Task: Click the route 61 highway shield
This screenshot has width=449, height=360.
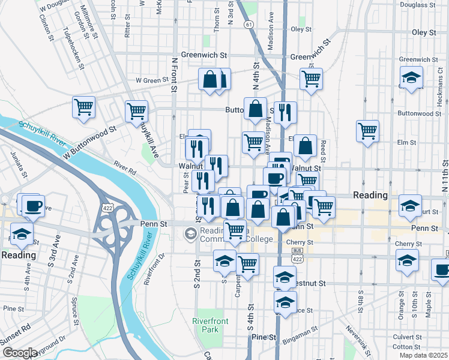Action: click(x=248, y=24)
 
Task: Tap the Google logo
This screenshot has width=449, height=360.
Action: click(x=20, y=353)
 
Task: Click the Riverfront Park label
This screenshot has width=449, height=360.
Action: click(x=206, y=325)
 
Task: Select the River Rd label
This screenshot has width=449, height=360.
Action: click(x=126, y=167)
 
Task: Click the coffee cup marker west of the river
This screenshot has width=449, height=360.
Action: click(x=32, y=206)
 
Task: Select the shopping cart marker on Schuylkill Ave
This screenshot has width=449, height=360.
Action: click(x=137, y=111)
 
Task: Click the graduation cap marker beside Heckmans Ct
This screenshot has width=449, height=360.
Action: click(x=412, y=78)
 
